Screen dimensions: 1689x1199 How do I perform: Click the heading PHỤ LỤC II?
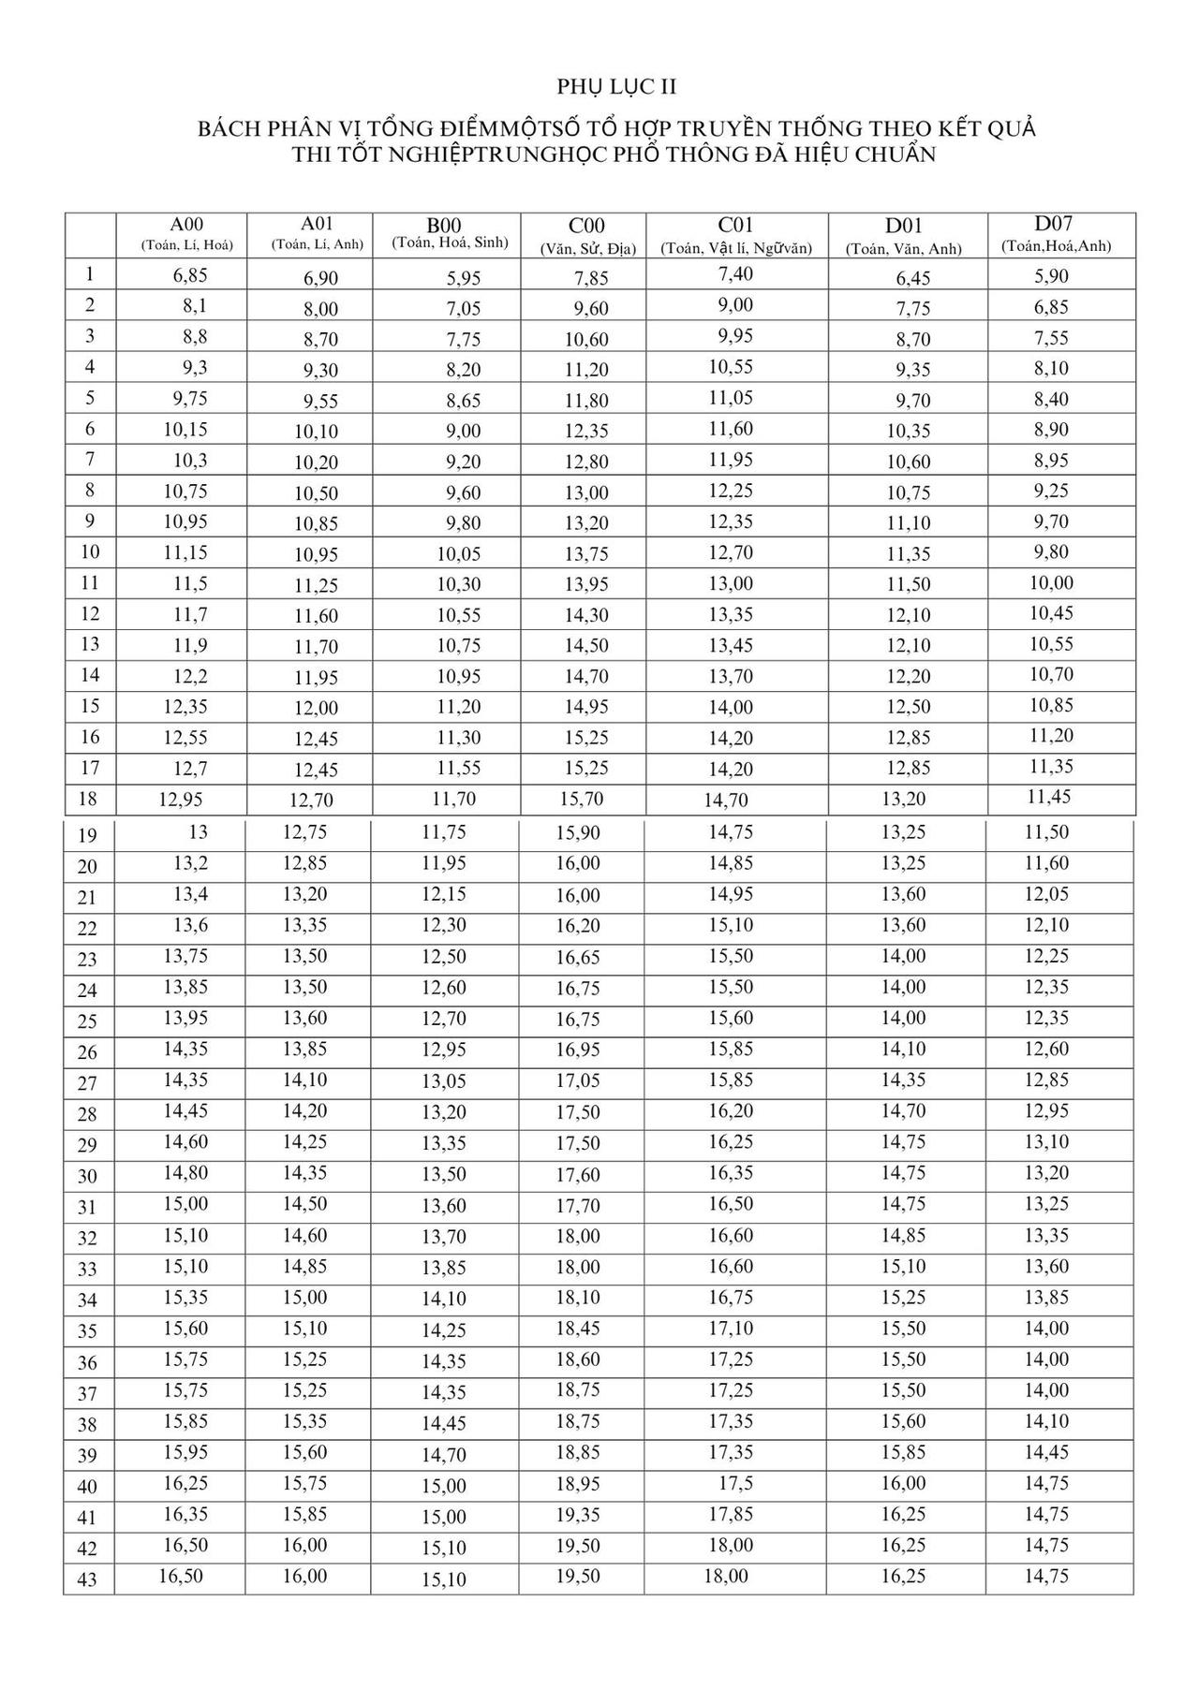616,87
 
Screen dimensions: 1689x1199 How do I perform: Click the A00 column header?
186,225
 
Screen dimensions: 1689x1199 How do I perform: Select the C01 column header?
735,226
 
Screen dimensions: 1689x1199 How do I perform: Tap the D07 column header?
1054,224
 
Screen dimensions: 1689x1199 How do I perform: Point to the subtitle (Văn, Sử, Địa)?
586,249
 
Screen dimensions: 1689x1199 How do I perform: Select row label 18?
89,799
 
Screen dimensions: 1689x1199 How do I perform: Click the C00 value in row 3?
586,339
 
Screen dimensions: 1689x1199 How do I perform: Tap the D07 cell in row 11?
1051,583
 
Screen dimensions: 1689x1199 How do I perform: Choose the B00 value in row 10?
459,554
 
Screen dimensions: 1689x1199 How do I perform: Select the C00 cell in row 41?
578,1515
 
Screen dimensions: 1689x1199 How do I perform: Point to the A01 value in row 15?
316,708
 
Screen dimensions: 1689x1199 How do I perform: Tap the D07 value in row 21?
1046,894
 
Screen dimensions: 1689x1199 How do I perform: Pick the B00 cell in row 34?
443,1299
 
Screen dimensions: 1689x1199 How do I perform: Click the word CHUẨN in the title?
896,155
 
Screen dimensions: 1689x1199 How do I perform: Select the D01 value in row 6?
908,432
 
